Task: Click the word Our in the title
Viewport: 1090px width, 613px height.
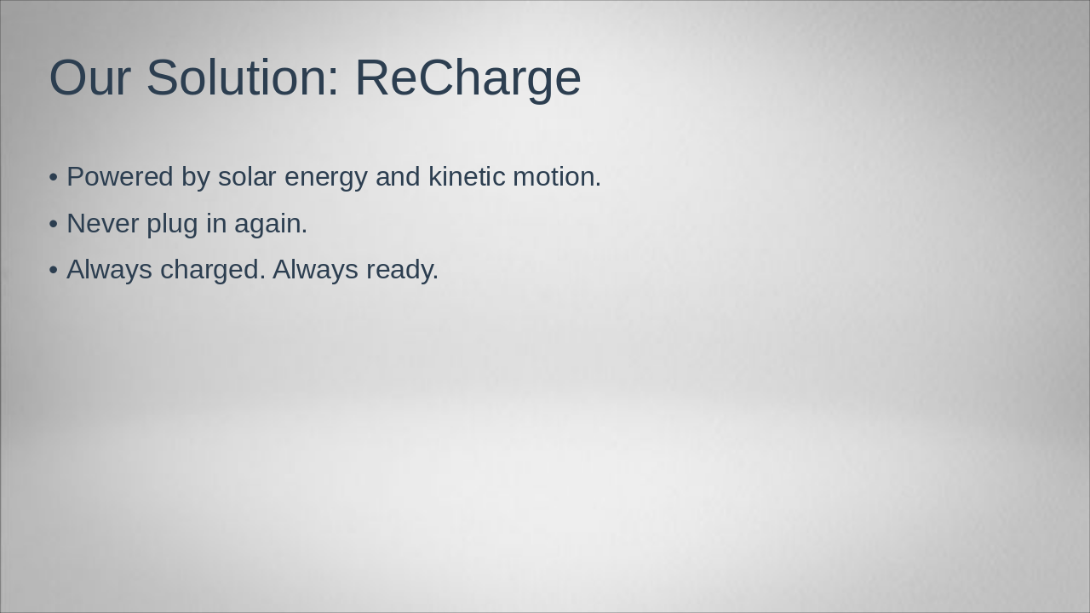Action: click(x=89, y=77)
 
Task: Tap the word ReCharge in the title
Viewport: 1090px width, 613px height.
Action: click(x=468, y=77)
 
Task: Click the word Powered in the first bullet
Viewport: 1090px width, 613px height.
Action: click(x=120, y=177)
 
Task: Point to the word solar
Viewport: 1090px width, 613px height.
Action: click(x=247, y=177)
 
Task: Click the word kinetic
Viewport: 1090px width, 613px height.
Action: click(x=466, y=177)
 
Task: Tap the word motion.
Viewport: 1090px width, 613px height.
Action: click(x=557, y=177)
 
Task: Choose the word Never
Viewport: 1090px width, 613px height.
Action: click(x=102, y=224)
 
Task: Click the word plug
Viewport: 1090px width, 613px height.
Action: click(x=173, y=224)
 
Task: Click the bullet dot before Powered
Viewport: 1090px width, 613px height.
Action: click(x=54, y=177)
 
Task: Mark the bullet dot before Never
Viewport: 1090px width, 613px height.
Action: click(x=54, y=224)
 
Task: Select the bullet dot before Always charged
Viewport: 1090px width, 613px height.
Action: click(x=54, y=270)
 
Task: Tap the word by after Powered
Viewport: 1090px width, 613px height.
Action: click(x=195, y=177)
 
